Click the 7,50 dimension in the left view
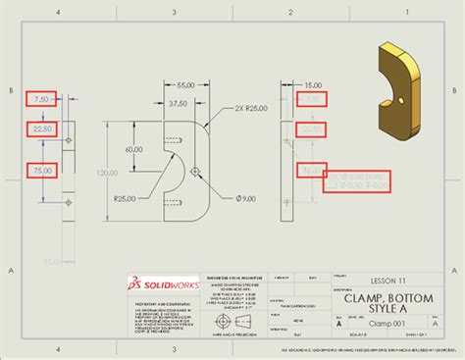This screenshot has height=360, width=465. (40, 99)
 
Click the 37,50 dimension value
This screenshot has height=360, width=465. (177, 103)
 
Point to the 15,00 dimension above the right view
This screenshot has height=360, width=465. (312, 86)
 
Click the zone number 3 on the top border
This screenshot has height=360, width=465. (174, 11)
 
